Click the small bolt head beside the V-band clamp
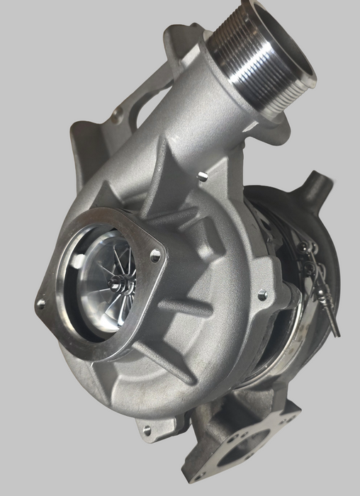coord(264,292)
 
